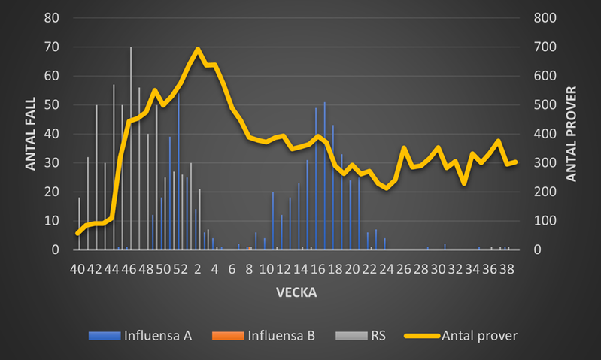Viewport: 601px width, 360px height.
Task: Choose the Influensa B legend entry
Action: (276, 336)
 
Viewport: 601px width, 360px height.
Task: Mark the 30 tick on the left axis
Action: (53, 162)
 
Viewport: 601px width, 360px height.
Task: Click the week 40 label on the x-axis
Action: (77, 268)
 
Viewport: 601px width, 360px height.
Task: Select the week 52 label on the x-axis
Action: (181, 268)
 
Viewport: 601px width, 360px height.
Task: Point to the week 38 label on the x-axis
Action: (507, 268)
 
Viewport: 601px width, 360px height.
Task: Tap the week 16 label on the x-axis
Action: (318, 268)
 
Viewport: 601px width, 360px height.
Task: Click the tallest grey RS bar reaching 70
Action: (131, 150)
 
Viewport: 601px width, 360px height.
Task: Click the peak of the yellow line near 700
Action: (198, 49)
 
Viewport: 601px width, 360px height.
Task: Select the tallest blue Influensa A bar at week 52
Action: (178, 173)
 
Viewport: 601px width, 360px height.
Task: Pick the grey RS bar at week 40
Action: (79, 223)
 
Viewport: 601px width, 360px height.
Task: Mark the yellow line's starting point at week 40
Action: (77, 234)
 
